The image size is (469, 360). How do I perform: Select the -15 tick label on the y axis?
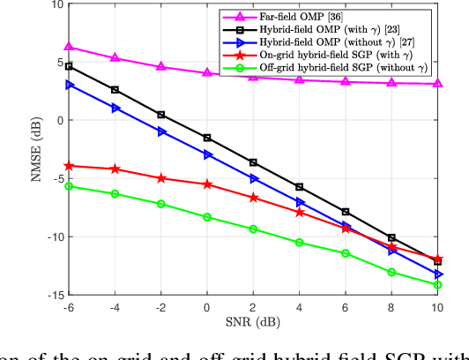[55, 295]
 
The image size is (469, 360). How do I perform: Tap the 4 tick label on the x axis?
[300, 306]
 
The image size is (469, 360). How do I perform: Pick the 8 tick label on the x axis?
[391, 306]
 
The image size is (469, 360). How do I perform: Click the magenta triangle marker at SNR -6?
[70, 47]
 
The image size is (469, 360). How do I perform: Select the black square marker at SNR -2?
[161, 115]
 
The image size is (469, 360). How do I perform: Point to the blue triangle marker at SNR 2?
[254, 178]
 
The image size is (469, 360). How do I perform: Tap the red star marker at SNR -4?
[115, 169]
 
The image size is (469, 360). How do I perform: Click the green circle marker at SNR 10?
[438, 285]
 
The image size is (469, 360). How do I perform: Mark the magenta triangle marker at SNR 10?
[438, 84]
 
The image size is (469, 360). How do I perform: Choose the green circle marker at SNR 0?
[207, 217]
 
